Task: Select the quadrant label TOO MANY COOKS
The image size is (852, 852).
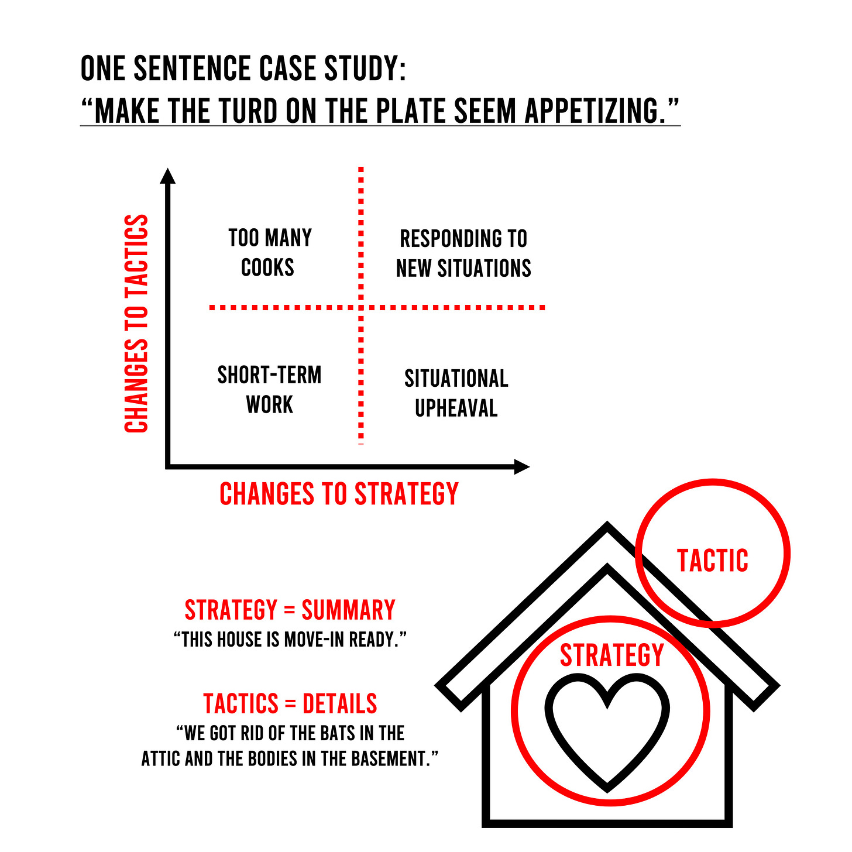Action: tap(269, 253)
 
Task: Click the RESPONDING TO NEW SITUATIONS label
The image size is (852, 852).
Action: tap(463, 253)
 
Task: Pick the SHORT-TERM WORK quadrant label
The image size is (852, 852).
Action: tap(269, 390)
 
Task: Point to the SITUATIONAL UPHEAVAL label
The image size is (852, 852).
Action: tap(456, 393)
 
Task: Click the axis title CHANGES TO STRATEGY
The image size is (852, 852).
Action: tap(339, 494)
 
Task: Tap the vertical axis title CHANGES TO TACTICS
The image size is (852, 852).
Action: tap(137, 324)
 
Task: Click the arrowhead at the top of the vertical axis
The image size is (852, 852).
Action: tap(168, 175)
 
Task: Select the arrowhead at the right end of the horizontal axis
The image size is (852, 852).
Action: tap(522, 466)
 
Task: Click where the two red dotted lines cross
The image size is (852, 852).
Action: tap(361, 307)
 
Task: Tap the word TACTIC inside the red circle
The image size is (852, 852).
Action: tap(713, 560)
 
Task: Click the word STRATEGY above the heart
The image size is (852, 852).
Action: tap(611, 655)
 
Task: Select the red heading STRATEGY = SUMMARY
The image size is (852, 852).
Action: tap(290, 610)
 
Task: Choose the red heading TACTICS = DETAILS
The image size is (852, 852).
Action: tap(290, 703)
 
